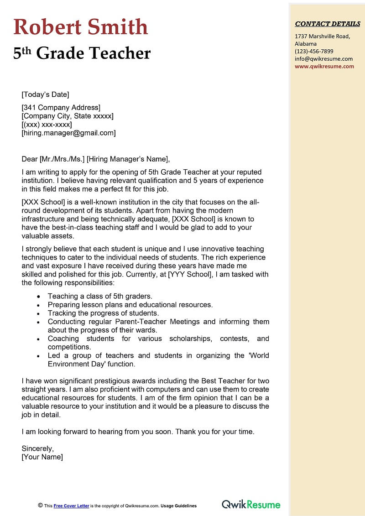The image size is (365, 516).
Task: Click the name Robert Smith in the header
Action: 81,27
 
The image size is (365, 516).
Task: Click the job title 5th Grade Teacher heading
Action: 82,53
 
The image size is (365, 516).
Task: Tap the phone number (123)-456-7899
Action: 314,51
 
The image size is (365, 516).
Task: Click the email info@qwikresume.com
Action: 323,59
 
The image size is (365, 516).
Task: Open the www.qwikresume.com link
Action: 324,66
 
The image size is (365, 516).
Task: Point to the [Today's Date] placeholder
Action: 45,95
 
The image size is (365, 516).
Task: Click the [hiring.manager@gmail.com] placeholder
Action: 68,133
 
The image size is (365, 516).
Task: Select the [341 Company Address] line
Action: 61,108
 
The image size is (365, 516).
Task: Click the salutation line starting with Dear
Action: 95,159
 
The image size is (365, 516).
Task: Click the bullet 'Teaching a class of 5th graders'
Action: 100,296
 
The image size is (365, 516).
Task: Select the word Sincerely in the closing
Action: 37,448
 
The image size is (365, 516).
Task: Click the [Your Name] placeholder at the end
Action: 42,457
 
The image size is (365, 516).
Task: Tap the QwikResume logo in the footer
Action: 251,505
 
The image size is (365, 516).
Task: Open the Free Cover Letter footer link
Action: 71,506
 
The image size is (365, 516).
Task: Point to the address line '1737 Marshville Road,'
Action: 322,36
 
